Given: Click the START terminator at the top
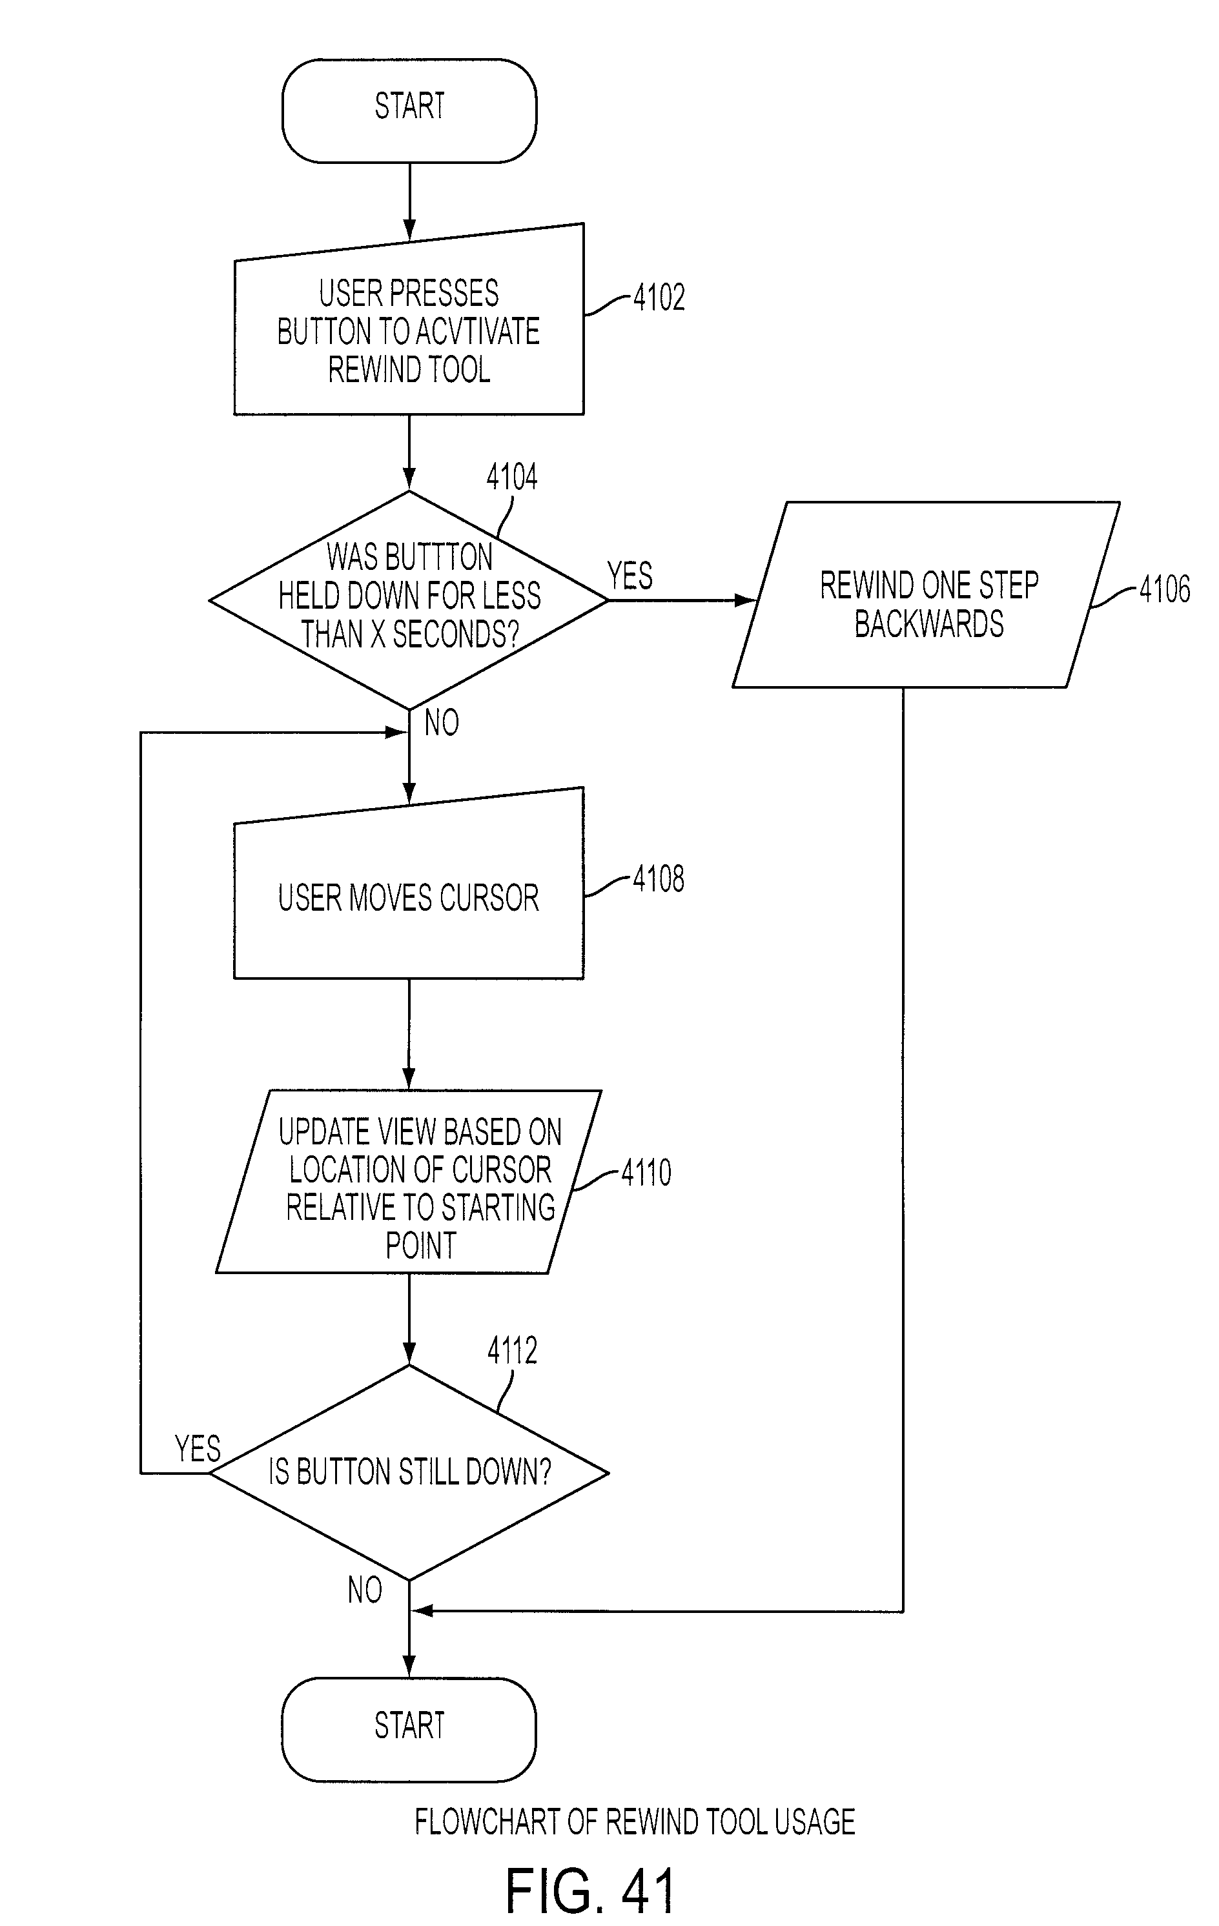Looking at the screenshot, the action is (x=409, y=110).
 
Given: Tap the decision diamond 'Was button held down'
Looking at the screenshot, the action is (x=409, y=600).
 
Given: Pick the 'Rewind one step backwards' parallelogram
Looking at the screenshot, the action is (x=927, y=594).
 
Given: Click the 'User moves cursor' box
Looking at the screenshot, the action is (x=409, y=884).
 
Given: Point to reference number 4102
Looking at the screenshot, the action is (x=659, y=298).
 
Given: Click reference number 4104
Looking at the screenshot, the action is (x=512, y=478).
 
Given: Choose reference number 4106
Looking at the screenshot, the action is (x=1165, y=589).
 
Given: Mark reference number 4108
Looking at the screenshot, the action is (x=659, y=879).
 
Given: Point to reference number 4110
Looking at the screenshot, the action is (x=646, y=1173).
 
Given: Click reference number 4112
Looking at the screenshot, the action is (x=512, y=1351).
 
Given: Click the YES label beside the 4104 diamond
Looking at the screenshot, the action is (x=630, y=576).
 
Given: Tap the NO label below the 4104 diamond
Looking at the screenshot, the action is (x=442, y=723).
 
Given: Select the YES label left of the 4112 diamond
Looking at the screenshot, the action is (x=198, y=1448).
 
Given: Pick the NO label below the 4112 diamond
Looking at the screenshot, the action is (x=365, y=1590).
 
